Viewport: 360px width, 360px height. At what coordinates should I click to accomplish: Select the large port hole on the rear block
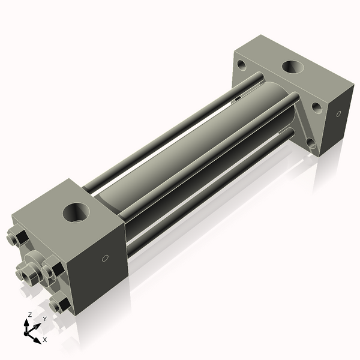[293, 68]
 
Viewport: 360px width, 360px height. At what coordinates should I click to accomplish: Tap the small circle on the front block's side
[106, 259]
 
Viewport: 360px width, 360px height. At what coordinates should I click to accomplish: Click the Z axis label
[30, 315]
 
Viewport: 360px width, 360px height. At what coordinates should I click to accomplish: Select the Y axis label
[44, 319]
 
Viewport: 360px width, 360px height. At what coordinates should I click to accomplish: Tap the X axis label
[44, 340]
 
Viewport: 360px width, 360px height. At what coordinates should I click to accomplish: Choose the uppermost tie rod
[174, 126]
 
